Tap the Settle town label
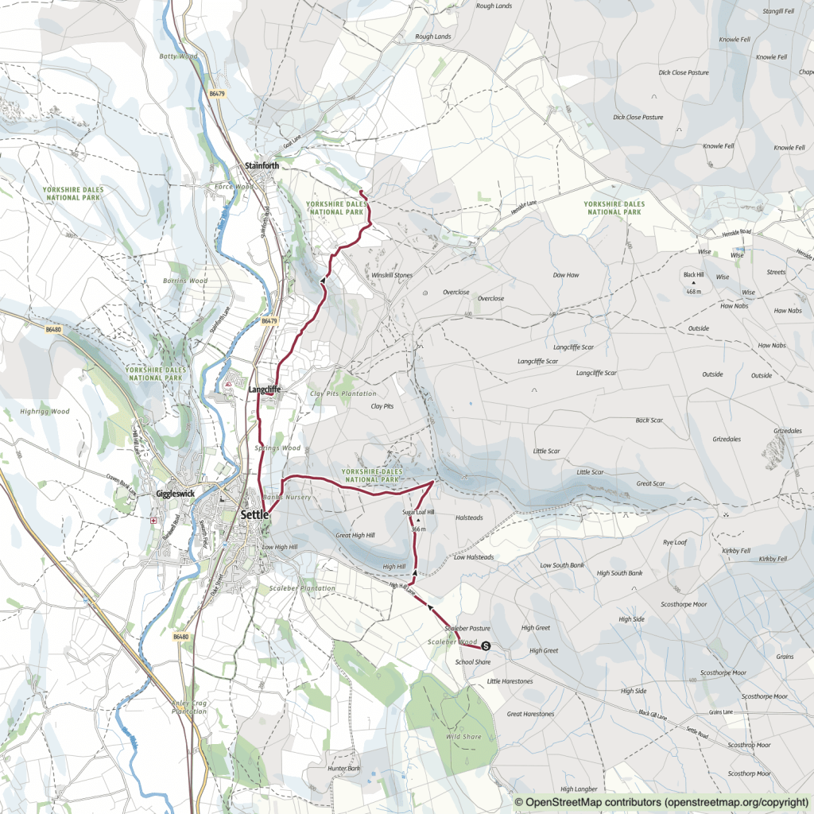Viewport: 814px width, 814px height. (254, 515)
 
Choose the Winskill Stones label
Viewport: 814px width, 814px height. (392, 275)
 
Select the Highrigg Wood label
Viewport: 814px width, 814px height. (45, 412)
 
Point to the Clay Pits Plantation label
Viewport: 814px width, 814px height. (343, 393)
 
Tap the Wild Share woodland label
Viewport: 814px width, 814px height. (463, 737)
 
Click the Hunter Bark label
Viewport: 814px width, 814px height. (343, 769)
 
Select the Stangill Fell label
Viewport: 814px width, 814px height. (778, 11)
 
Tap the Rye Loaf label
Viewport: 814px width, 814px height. (674, 543)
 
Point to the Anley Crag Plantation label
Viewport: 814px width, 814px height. (188, 707)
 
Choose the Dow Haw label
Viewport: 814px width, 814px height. (565, 275)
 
